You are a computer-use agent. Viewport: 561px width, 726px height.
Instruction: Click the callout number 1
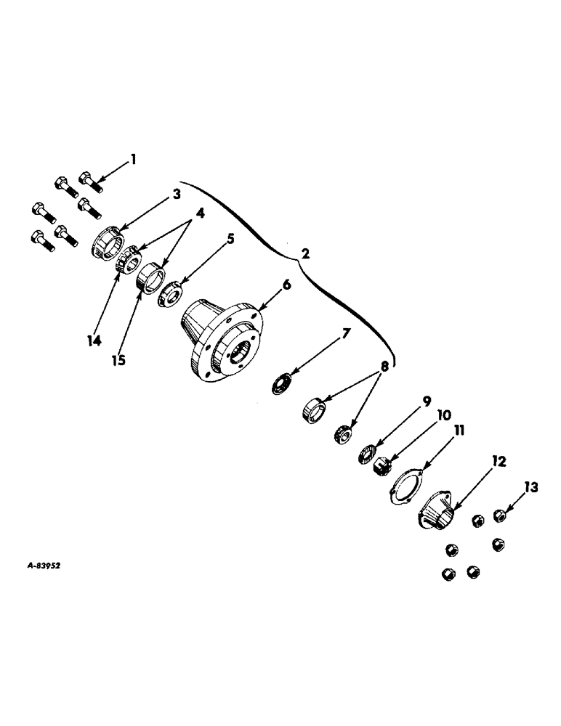pyautogui.click(x=133, y=158)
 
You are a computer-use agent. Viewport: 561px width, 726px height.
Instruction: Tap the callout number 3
pyautogui.click(x=175, y=194)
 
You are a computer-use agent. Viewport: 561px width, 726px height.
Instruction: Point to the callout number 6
pyautogui.click(x=286, y=285)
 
